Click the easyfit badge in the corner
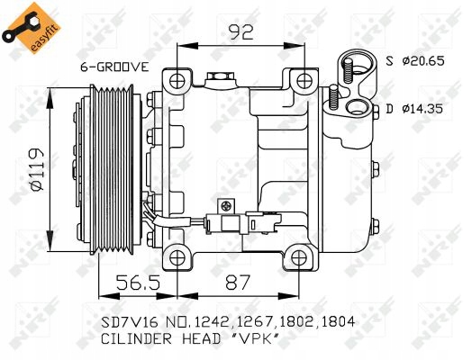point(24,26)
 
